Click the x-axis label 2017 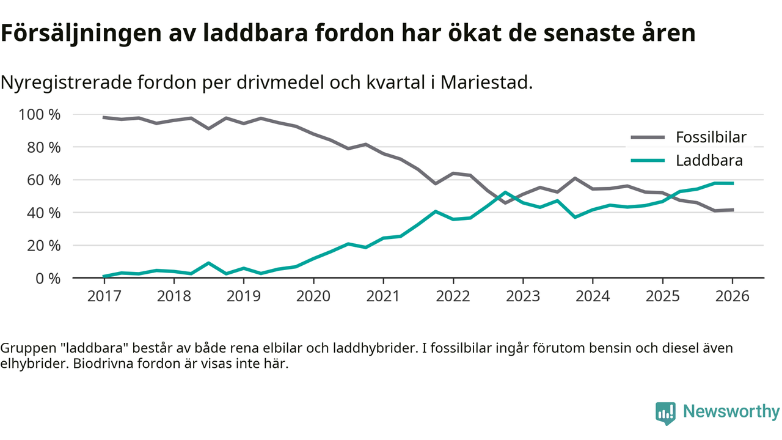pos(104,297)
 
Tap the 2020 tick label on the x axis pos(313,297)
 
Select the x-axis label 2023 pos(522,297)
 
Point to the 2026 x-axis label pos(732,297)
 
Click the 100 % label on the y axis pos(40,115)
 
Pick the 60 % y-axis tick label pos(43,180)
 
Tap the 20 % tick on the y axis pos(43,246)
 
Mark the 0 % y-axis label pos(47,278)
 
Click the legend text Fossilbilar pos(711,137)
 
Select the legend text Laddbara pos(709,161)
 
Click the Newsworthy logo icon pos(665,413)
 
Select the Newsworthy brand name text pos(731,412)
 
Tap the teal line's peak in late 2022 pos(505,193)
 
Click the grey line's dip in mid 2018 pos(209,128)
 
